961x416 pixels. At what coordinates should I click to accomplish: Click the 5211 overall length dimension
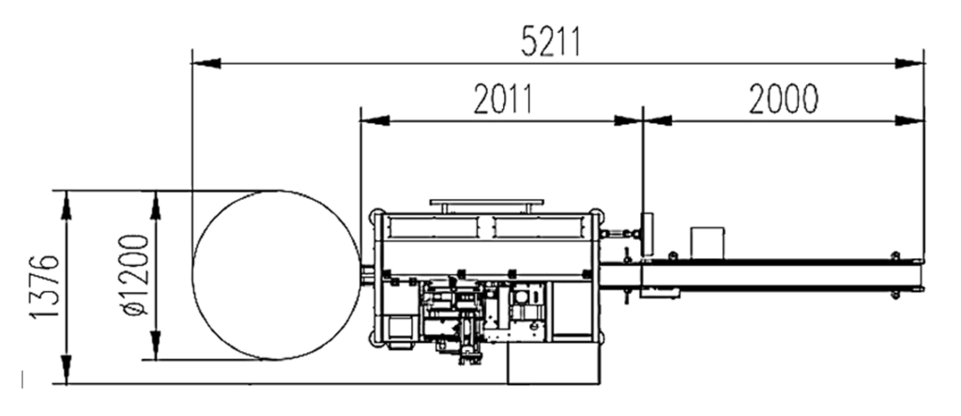pyautogui.click(x=550, y=42)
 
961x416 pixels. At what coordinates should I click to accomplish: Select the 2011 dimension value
pyautogui.click(x=503, y=100)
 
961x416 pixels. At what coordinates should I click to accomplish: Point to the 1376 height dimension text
pyautogui.click(x=45, y=286)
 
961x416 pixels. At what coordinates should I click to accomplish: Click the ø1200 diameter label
pyautogui.click(x=135, y=275)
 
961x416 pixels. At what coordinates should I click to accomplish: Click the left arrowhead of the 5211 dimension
pyautogui.click(x=206, y=63)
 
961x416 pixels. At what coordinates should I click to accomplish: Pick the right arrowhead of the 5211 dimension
pyautogui.click(x=909, y=63)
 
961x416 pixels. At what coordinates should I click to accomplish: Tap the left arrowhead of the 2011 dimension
pyautogui.click(x=375, y=121)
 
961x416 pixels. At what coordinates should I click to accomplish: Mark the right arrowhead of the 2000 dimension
pyautogui.click(x=909, y=121)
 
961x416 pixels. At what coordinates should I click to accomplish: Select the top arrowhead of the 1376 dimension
pyautogui.click(x=67, y=205)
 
